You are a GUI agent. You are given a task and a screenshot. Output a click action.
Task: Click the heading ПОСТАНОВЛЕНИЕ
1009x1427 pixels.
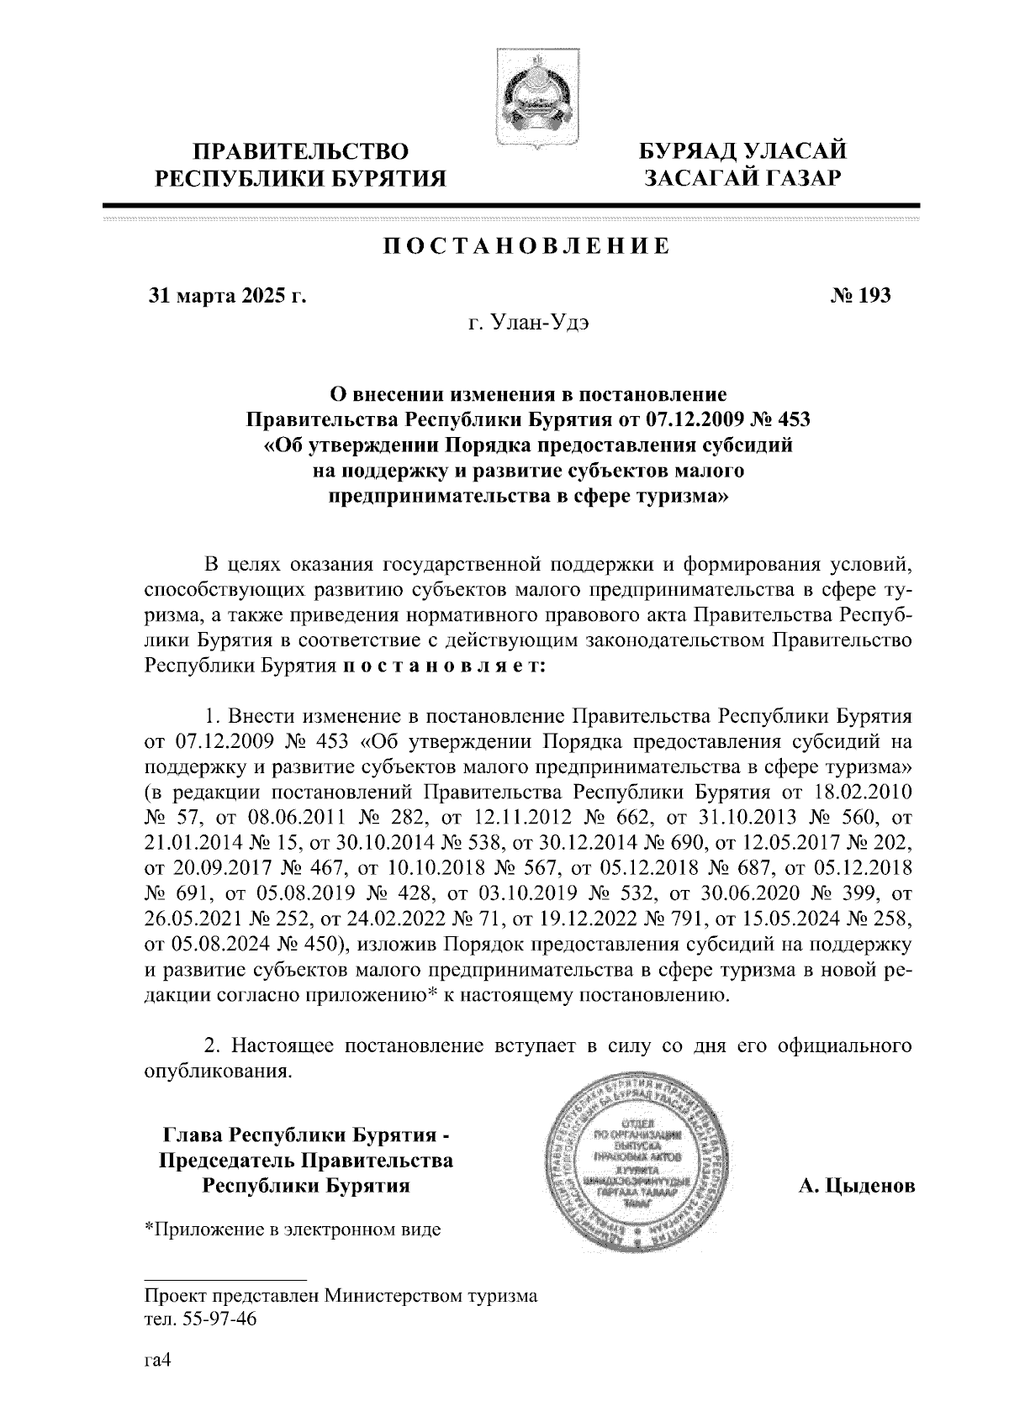(x=527, y=246)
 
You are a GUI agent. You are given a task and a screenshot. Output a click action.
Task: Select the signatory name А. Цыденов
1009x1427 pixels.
(x=856, y=1186)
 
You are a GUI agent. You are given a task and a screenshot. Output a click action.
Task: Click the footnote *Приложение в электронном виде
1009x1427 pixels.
(x=293, y=1230)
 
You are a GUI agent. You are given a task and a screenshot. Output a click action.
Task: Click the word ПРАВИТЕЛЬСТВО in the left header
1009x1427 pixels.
(x=302, y=152)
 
